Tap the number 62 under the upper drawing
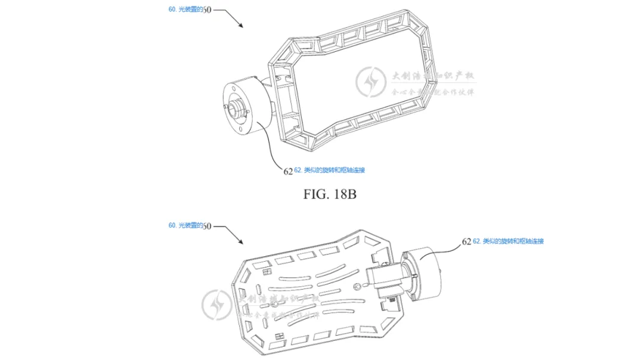click(288, 171)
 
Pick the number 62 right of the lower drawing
click(466, 242)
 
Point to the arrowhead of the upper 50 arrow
click(241, 26)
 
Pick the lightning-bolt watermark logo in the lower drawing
click(215, 305)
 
